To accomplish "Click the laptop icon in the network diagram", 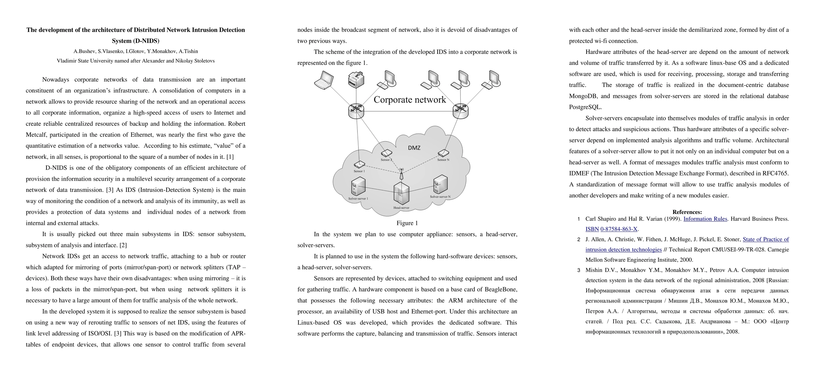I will [324, 80].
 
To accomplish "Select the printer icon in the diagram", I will [356, 80].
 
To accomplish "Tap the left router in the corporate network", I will [356, 111].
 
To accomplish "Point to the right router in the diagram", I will [460, 111].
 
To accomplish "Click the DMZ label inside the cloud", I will [414, 148].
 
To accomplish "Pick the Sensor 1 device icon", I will [359, 165].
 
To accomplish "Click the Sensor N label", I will [443, 160].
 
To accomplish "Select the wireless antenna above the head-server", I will [401, 174].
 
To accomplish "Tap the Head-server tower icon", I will [401, 193].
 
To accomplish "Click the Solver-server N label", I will [440, 197].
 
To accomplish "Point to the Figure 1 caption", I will [407, 223].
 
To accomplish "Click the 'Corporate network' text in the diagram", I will [409, 100].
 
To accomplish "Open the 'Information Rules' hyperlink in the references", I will [705, 219].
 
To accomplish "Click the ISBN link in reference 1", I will [592, 229].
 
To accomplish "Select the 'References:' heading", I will [687, 212].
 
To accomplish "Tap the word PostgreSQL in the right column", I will [585, 107].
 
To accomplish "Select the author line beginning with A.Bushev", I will [136, 51].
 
